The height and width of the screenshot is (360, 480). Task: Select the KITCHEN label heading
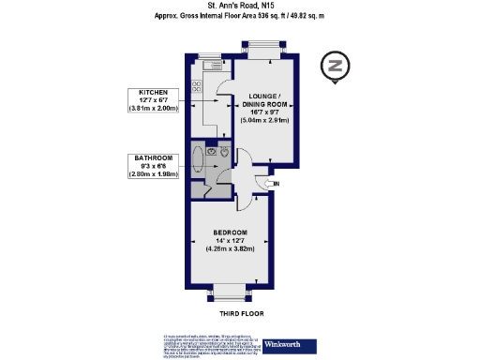153,93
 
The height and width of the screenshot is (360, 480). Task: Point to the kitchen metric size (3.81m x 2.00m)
153,111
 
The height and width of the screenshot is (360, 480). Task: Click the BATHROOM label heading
153,158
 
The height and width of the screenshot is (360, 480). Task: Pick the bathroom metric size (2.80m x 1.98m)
153,175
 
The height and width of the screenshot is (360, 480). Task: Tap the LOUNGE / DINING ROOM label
264,101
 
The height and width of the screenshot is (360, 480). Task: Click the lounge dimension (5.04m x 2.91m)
264,120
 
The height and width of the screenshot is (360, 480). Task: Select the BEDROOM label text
230,232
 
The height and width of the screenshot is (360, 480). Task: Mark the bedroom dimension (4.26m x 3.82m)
230,249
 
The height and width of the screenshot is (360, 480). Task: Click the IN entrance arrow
275,185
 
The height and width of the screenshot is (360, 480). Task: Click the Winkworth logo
283,342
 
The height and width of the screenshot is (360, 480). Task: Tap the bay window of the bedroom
230,290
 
